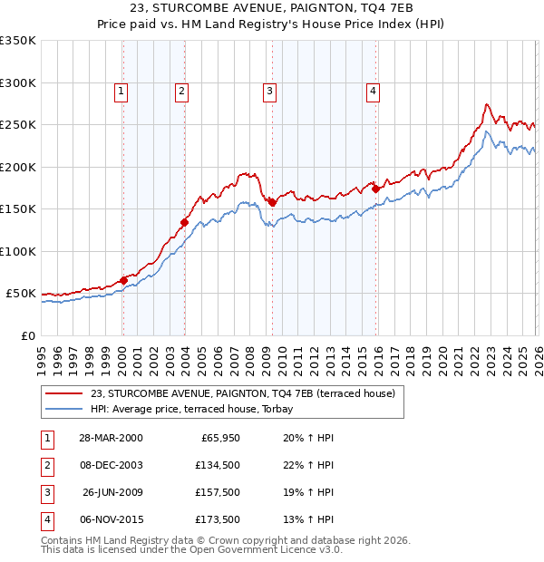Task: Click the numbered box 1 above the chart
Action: click(x=121, y=90)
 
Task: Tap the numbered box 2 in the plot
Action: click(x=181, y=90)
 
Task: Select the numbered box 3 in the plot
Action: click(x=270, y=90)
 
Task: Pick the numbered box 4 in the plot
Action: click(x=373, y=90)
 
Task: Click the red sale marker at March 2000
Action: click(x=123, y=280)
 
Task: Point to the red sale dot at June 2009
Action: click(x=272, y=202)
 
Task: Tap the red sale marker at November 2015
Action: click(x=375, y=189)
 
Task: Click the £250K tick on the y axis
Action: click(x=18, y=125)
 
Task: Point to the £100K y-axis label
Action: click(x=18, y=251)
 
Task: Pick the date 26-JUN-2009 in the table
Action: click(x=111, y=492)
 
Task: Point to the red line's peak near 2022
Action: click(x=487, y=104)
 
